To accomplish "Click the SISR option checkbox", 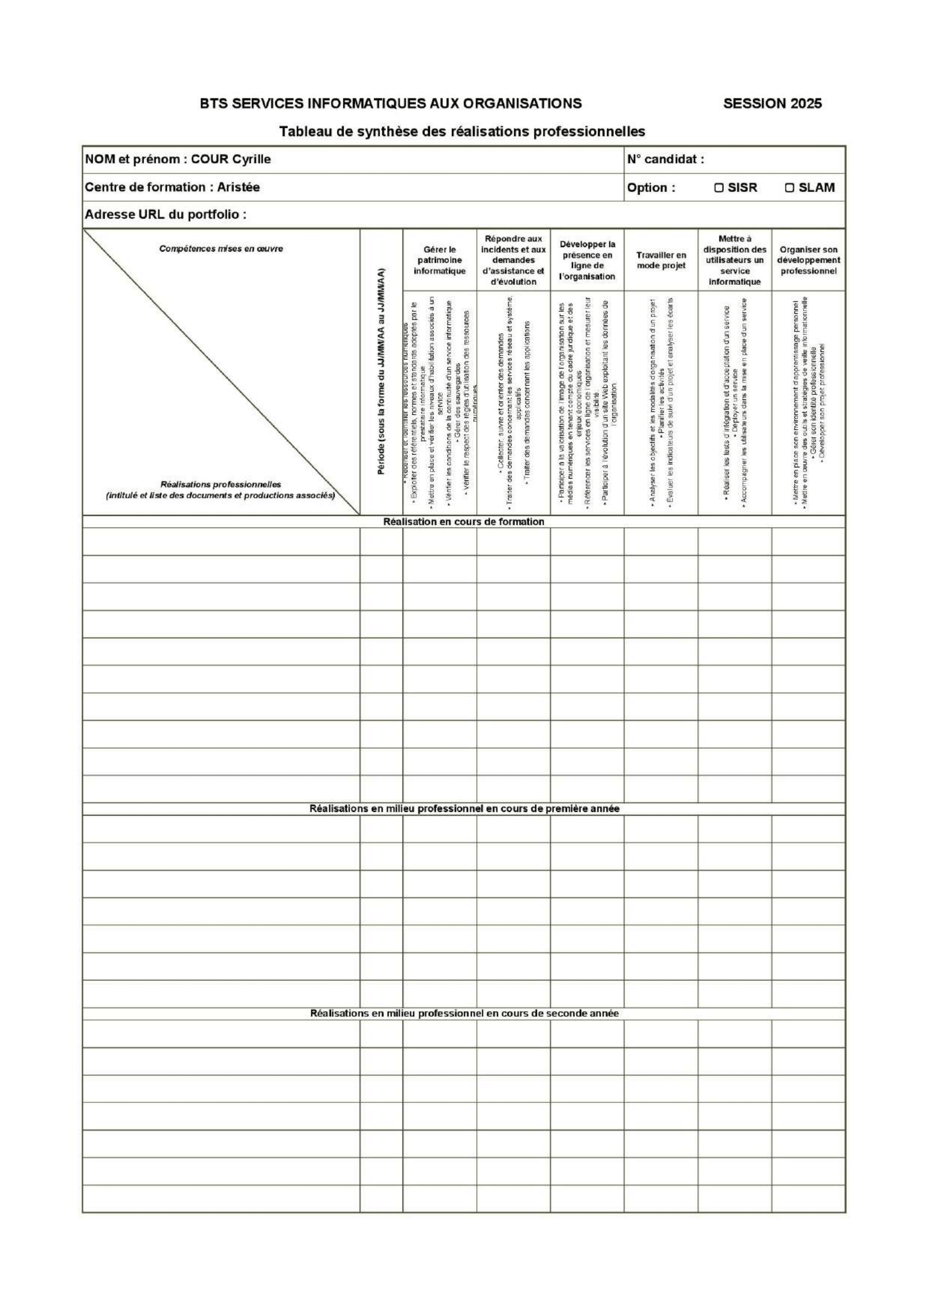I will (718, 187).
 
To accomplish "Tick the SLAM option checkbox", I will (789, 187).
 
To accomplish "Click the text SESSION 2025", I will (772, 103).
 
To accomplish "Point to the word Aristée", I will (238, 187).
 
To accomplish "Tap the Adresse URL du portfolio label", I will (165, 215).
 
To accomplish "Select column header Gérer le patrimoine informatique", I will (439, 261).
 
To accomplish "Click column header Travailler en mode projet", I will (660, 261).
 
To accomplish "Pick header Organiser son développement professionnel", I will (808, 261).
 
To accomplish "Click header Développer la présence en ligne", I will (587, 261).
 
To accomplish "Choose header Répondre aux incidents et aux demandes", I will (513, 260).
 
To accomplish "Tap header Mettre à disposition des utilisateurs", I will (735, 260).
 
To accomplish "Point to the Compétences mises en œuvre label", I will (221, 249).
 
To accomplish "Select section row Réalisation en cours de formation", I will (463, 521).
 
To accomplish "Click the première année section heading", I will (464, 808).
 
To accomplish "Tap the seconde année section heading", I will (464, 1013).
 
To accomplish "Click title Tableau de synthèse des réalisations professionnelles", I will (462, 131).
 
